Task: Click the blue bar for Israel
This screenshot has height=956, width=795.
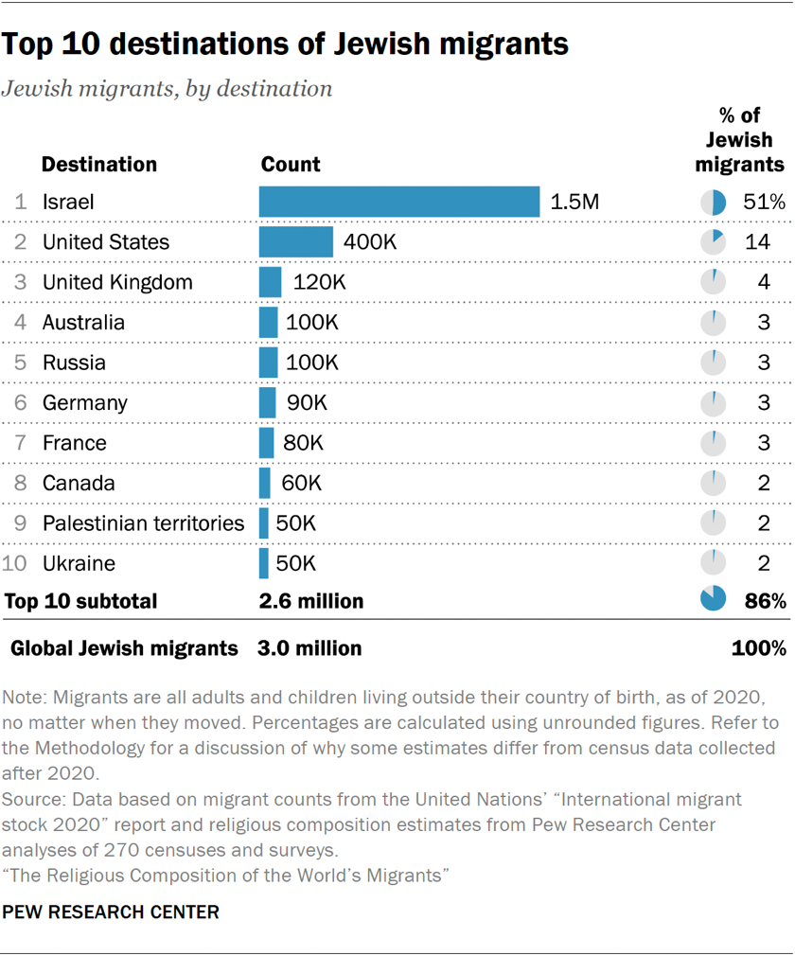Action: pyautogui.click(x=398, y=202)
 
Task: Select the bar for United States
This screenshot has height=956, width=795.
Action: pyautogui.click(x=295, y=242)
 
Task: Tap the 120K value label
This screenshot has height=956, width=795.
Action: pyautogui.click(x=320, y=282)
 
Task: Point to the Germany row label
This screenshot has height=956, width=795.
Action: pyautogui.click(x=84, y=403)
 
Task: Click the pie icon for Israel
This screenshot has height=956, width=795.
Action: pyautogui.click(x=713, y=202)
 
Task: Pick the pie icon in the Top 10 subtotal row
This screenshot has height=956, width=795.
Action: pyautogui.click(x=713, y=600)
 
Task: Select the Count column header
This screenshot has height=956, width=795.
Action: pyautogui.click(x=290, y=164)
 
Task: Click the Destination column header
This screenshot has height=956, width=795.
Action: pyautogui.click(x=99, y=164)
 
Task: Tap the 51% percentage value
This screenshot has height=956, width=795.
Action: pyautogui.click(x=764, y=202)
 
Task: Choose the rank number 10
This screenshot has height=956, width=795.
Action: pyautogui.click(x=16, y=564)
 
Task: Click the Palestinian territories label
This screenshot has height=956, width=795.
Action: pyautogui.click(x=143, y=523)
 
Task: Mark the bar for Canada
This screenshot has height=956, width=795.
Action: pyautogui.click(x=264, y=484)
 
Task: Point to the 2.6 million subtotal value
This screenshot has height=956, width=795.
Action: pyautogui.click(x=310, y=601)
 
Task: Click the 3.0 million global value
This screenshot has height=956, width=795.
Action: pyautogui.click(x=309, y=648)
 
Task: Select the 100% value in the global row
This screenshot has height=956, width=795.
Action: pyautogui.click(x=758, y=648)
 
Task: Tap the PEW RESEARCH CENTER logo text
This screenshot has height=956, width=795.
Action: pyautogui.click(x=112, y=912)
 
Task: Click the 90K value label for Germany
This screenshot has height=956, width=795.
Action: pyautogui.click(x=307, y=403)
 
